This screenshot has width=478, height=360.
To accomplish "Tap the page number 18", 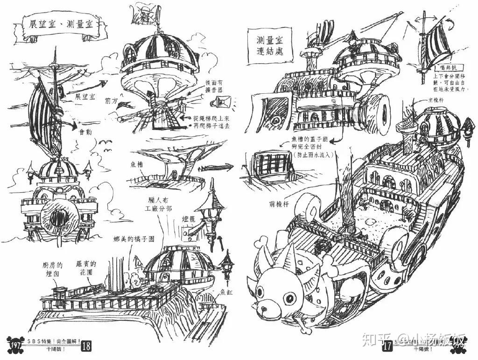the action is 87,346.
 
